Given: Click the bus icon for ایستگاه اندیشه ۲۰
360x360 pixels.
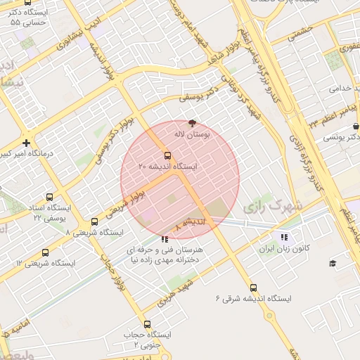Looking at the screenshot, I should coord(167,155).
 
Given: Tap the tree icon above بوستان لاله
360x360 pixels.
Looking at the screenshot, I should coord(193,122).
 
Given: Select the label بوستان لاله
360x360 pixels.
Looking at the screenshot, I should coord(192,133).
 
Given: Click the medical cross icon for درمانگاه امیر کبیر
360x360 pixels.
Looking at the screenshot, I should coord(26,142).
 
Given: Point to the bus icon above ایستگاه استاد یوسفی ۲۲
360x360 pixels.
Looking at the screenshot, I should coord(49,198).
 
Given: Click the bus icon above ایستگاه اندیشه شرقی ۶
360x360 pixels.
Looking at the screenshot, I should coord(253,288).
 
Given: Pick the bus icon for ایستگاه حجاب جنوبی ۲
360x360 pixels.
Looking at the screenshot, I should coord(147,325).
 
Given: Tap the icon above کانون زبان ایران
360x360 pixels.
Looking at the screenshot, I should coord(284,238).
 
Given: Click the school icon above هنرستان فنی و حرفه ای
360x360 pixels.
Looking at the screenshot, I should coord(165,239).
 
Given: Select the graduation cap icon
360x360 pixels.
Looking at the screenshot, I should coord(333,263).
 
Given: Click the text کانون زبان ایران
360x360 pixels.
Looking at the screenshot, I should coord(284,249).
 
